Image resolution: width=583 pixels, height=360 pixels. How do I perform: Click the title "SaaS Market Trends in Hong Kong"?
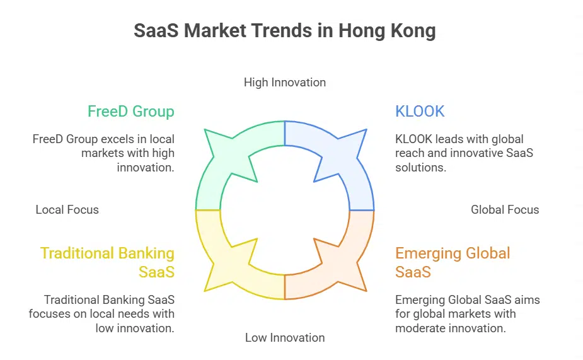pos(284,31)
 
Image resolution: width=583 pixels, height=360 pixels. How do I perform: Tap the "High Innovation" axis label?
pos(285,82)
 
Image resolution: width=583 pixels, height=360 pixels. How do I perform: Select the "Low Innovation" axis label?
pos(285,338)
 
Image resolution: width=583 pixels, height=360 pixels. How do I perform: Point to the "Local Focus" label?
pos(67,210)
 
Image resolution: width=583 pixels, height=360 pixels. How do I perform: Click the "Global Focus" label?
pos(505,210)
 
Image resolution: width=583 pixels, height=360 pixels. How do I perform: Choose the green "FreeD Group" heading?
pos(131,112)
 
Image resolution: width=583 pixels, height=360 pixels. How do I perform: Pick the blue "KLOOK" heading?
pos(420,112)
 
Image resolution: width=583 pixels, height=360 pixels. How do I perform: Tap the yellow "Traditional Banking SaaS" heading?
pos(108,262)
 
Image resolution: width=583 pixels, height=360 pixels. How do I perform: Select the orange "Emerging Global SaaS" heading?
pos(453,262)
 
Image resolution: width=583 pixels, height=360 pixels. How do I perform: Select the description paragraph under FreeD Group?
pos(104,153)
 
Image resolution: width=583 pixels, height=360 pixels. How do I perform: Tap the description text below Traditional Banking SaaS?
pos(102,313)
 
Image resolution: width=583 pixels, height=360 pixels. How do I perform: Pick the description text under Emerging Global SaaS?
pos(467,313)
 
